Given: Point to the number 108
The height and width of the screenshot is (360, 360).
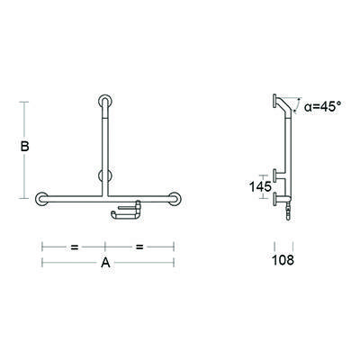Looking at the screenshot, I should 283,262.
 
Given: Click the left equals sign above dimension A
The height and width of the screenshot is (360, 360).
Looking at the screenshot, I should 75,245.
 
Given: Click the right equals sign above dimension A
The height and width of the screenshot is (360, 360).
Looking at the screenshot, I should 139,245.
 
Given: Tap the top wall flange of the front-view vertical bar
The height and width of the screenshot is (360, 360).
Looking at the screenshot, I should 106,99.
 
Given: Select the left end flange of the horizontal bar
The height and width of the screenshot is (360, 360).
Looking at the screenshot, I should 42,197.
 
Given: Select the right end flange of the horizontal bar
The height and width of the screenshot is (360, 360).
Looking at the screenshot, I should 174,197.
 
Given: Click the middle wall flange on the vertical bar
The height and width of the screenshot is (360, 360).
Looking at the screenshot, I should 104,175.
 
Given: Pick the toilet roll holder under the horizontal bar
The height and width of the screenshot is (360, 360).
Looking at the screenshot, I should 126,211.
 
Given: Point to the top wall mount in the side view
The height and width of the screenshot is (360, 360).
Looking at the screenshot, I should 274,101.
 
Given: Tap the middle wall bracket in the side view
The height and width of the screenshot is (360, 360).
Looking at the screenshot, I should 275,174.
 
